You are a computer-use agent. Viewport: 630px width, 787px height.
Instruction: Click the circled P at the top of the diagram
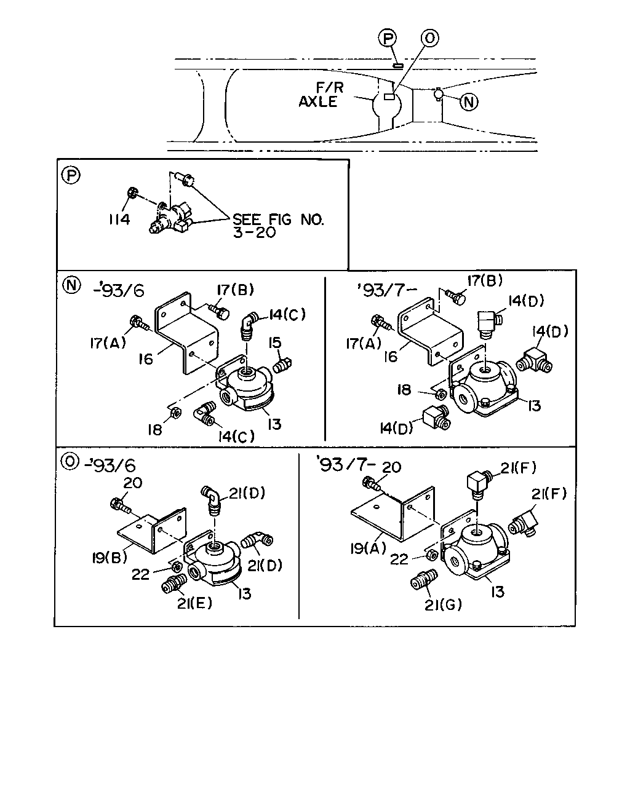point(388,38)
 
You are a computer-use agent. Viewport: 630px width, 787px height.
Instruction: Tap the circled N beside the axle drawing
point(469,101)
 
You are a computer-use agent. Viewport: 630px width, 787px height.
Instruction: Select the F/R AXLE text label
point(321,95)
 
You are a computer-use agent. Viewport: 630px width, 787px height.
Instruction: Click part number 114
point(119,219)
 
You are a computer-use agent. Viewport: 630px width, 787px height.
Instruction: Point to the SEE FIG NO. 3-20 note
point(279,226)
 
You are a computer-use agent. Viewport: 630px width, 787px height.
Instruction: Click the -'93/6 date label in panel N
point(119,290)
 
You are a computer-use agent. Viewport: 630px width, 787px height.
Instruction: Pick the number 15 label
point(275,342)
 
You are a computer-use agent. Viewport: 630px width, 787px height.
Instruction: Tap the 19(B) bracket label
point(110,557)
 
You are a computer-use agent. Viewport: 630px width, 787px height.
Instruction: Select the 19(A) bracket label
point(368,548)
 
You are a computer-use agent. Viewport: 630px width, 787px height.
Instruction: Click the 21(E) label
point(194,603)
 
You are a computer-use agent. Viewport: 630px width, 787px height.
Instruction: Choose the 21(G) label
point(443,605)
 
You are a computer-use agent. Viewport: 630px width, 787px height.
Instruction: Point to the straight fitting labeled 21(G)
point(423,579)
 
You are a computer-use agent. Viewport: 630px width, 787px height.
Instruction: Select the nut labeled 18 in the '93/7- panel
point(441,394)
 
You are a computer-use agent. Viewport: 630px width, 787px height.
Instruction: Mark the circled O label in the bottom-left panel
point(70,462)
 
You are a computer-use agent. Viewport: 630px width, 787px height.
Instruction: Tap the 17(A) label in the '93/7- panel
point(364,344)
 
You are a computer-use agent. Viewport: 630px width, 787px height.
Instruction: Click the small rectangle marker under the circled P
point(398,65)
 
